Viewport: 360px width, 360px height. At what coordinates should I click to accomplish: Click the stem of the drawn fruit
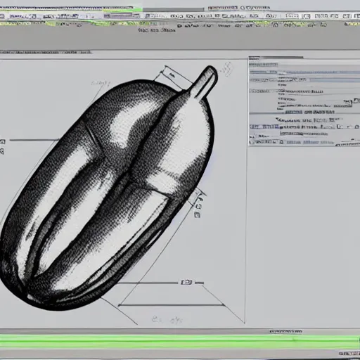205,83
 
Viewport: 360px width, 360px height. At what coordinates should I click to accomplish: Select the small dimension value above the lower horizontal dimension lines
186,283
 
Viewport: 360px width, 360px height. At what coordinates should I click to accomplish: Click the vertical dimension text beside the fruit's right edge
201,205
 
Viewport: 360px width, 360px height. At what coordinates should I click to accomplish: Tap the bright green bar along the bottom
180,342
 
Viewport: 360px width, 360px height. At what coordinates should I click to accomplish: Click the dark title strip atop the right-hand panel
302,63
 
